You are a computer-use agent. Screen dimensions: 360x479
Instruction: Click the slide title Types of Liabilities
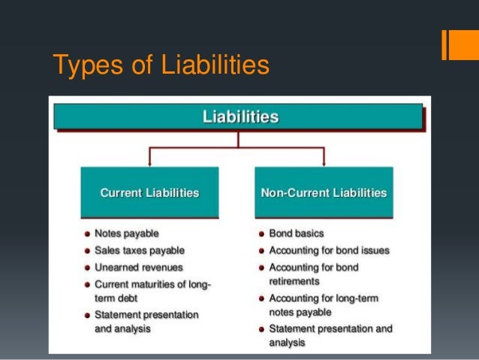coord(161,65)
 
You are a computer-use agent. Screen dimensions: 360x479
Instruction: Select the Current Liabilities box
coord(149,193)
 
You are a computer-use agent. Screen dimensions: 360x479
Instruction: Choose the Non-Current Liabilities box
coord(324,193)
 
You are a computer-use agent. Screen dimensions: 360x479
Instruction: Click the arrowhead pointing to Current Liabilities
coord(151,161)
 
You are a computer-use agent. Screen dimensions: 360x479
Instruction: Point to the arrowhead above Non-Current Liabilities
coord(324,161)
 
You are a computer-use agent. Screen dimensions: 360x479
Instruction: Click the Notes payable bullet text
coord(126,233)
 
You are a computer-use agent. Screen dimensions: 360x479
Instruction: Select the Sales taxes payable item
coord(139,250)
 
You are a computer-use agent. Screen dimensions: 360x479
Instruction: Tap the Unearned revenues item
coord(138,268)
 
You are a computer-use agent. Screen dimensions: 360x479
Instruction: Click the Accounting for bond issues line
coord(329,250)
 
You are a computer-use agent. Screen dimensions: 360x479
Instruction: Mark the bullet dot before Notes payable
coord(87,234)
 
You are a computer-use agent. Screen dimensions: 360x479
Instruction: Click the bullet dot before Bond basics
coord(260,234)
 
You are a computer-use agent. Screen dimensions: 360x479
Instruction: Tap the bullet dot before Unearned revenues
coord(87,268)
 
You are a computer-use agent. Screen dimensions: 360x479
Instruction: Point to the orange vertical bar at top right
coord(447,44)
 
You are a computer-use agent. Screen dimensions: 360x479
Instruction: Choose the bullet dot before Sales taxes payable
coord(87,250)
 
